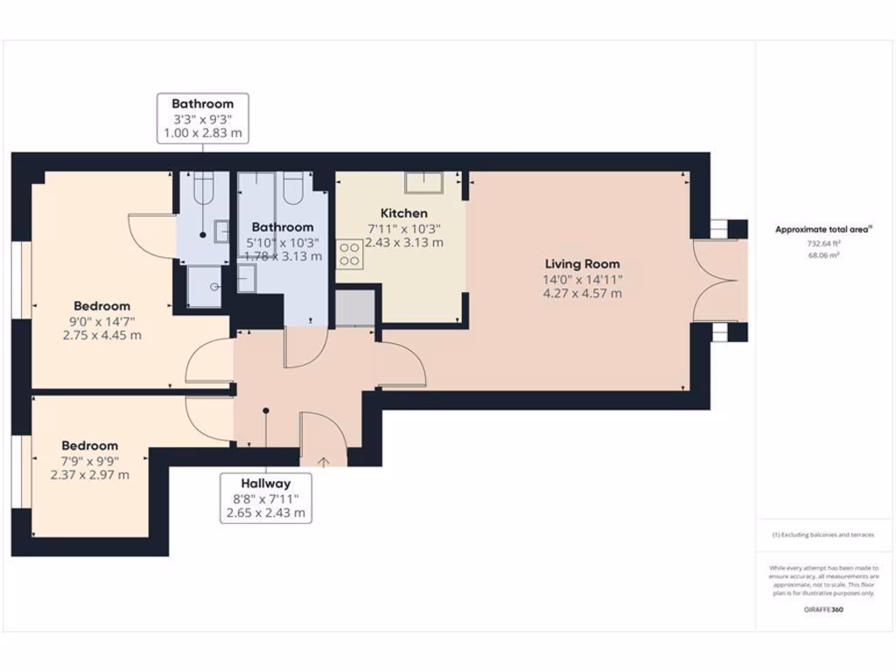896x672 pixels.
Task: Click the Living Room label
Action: coord(582,263)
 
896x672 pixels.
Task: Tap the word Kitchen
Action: coord(403,213)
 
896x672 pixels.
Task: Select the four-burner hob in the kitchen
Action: coord(350,254)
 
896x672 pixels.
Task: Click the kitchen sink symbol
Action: coord(423,181)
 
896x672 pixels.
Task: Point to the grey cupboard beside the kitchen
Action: coord(354,308)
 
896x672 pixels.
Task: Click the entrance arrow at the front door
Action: coord(323,461)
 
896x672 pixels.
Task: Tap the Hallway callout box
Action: coord(265,498)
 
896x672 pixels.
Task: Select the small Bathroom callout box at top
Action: coord(202,119)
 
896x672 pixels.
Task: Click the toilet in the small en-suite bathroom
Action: coord(203,186)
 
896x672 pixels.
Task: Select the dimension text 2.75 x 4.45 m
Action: coord(101,335)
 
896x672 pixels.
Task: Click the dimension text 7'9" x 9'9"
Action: coord(89,460)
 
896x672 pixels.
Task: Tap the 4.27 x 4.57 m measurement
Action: coord(582,293)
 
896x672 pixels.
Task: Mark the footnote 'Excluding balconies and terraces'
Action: coord(822,535)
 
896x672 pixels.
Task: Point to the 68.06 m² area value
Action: coord(822,256)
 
